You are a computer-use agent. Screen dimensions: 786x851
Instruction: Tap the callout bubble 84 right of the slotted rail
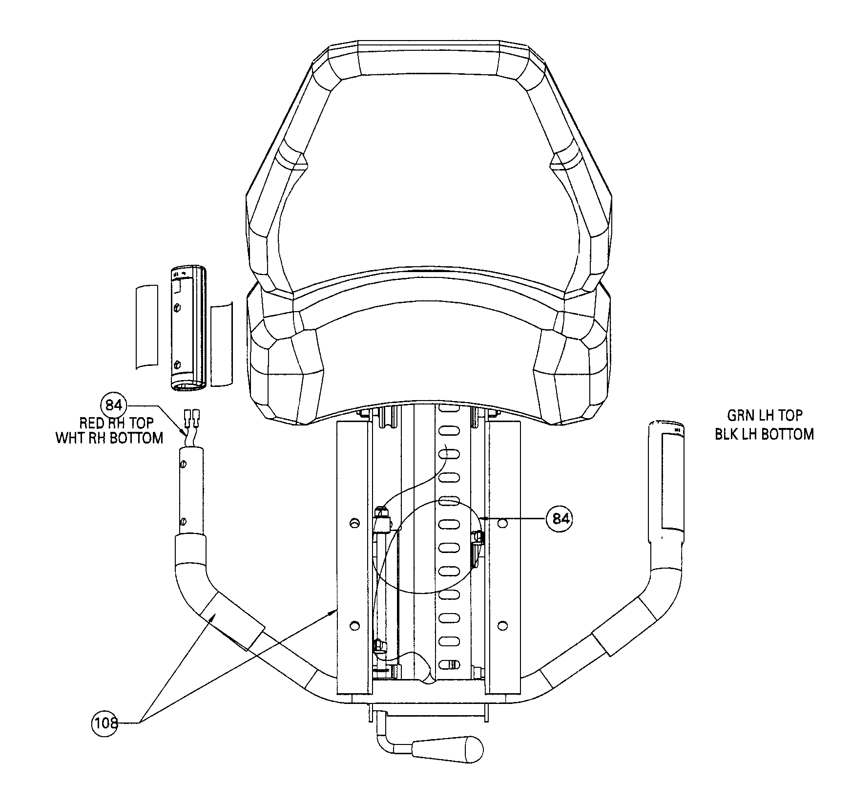click(x=559, y=519)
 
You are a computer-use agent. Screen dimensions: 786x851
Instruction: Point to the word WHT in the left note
click(x=69, y=438)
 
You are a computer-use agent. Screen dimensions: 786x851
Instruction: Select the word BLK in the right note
click(x=727, y=434)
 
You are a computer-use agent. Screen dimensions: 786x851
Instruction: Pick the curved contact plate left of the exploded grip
click(x=146, y=326)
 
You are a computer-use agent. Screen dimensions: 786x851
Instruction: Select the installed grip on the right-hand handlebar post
click(x=666, y=481)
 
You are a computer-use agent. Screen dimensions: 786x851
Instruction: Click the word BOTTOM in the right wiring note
click(x=784, y=434)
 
